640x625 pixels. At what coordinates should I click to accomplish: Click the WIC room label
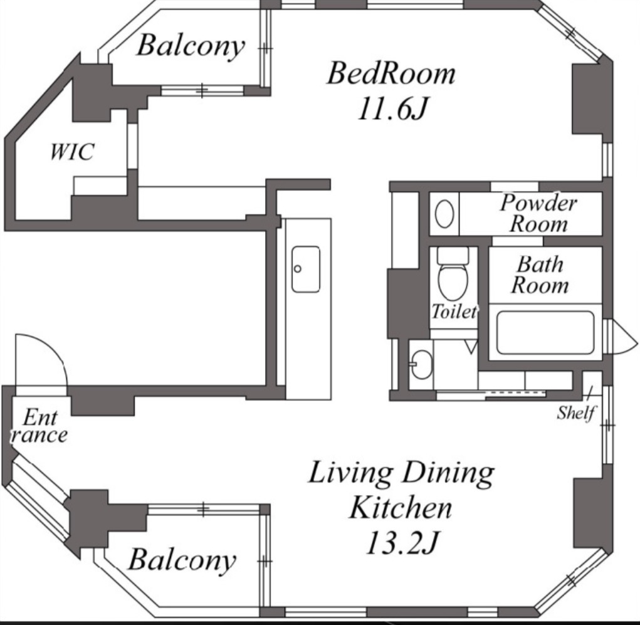[72, 152]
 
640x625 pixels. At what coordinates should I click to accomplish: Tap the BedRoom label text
[391, 73]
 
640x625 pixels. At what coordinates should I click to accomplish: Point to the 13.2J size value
[402, 543]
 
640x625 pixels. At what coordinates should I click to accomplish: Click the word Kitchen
[401, 507]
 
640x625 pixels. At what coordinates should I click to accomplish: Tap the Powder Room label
[539, 213]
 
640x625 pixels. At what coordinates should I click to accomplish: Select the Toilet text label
[454, 312]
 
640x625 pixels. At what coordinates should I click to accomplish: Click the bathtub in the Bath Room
[545, 332]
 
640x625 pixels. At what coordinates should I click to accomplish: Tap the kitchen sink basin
[306, 269]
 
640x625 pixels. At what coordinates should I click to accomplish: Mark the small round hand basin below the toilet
[421, 364]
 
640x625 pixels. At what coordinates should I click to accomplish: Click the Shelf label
[576, 412]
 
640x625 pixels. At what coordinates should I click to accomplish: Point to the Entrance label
[39, 426]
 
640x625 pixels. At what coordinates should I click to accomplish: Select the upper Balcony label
[191, 46]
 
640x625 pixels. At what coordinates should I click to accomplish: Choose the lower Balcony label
[182, 559]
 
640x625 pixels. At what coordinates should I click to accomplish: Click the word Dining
[448, 473]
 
